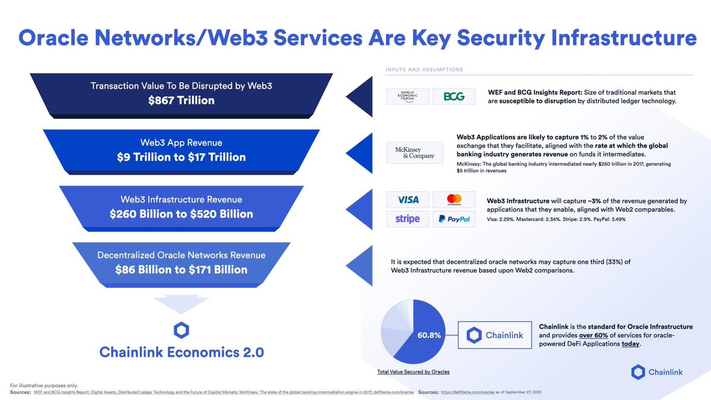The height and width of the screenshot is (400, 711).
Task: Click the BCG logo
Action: point(454,97)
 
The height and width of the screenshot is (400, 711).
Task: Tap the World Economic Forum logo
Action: point(407,97)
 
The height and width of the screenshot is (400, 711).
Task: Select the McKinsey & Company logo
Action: point(415,153)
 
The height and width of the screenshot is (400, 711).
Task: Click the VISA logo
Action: point(407,200)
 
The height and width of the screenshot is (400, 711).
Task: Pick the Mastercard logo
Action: point(454,200)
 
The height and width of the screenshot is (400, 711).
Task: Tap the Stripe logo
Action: point(407,219)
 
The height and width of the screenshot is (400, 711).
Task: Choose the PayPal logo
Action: point(454,219)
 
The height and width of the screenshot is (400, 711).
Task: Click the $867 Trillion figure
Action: point(181,101)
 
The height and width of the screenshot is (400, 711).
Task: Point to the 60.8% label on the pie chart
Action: point(428,335)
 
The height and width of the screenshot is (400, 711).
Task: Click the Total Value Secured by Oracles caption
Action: point(413,372)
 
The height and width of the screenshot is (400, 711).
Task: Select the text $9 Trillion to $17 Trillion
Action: point(181,157)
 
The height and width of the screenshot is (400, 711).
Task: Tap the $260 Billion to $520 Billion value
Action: point(181,214)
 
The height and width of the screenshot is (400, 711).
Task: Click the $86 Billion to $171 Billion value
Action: point(181,270)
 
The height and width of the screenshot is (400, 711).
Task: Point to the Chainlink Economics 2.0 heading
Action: point(181,353)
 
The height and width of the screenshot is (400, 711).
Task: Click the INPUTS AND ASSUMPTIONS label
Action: point(424,70)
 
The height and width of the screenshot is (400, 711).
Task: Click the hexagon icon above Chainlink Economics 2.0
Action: point(181,330)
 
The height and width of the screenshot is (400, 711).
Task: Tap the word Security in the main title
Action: point(487,39)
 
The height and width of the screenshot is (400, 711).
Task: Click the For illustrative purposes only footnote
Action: point(44,386)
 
